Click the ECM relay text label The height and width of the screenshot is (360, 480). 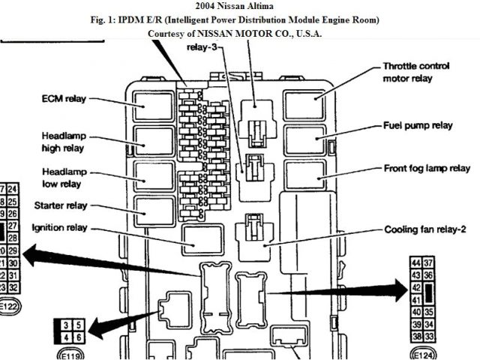(x=64, y=98)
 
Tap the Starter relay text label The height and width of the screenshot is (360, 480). (x=61, y=205)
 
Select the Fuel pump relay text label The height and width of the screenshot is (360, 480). (x=418, y=125)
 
